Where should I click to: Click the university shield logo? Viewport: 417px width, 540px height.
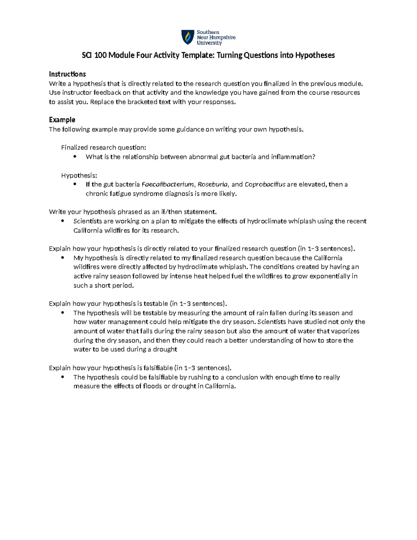(188, 37)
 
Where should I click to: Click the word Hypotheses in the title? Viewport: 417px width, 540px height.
(315, 55)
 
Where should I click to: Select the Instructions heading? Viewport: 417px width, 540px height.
(67, 74)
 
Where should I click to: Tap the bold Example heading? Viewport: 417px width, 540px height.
(62, 120)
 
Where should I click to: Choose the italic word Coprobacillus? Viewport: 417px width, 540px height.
(265, 184)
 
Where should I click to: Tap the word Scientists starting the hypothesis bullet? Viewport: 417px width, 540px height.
(88, 221)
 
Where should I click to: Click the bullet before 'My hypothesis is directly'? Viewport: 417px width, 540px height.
(63, 258)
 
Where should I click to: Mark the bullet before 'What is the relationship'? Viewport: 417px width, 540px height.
(75, 157)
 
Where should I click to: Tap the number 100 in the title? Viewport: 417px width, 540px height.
(100, 55)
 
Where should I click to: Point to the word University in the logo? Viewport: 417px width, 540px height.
(209, 43)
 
